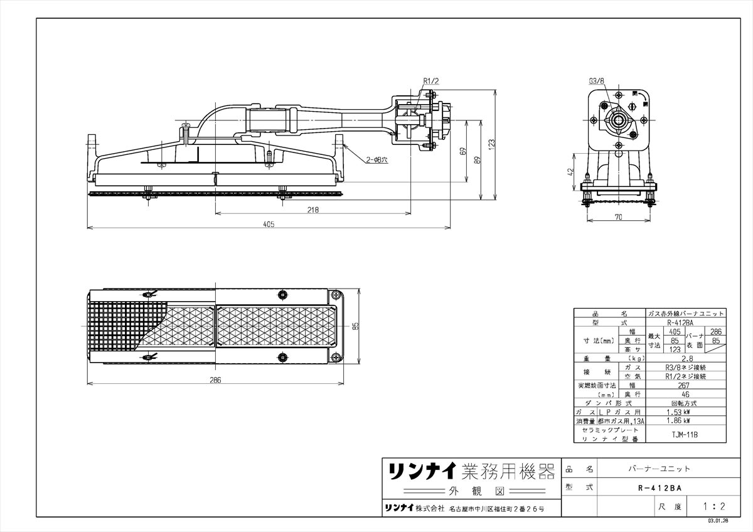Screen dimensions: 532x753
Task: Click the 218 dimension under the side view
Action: pyautogui.click(x=312, y=210)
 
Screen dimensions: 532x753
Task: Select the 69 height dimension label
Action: pyautogui.click(x=462, y=151)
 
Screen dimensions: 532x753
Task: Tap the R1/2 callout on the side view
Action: pyautogui.click(x=430, y=81)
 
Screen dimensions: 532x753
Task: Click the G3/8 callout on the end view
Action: pyautogui.click(x=597, y=81)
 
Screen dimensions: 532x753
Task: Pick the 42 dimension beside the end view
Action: pyautogui.click(x=570, y=171)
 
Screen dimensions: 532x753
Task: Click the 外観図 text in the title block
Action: pyautogui.click(x=469, y=491)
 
